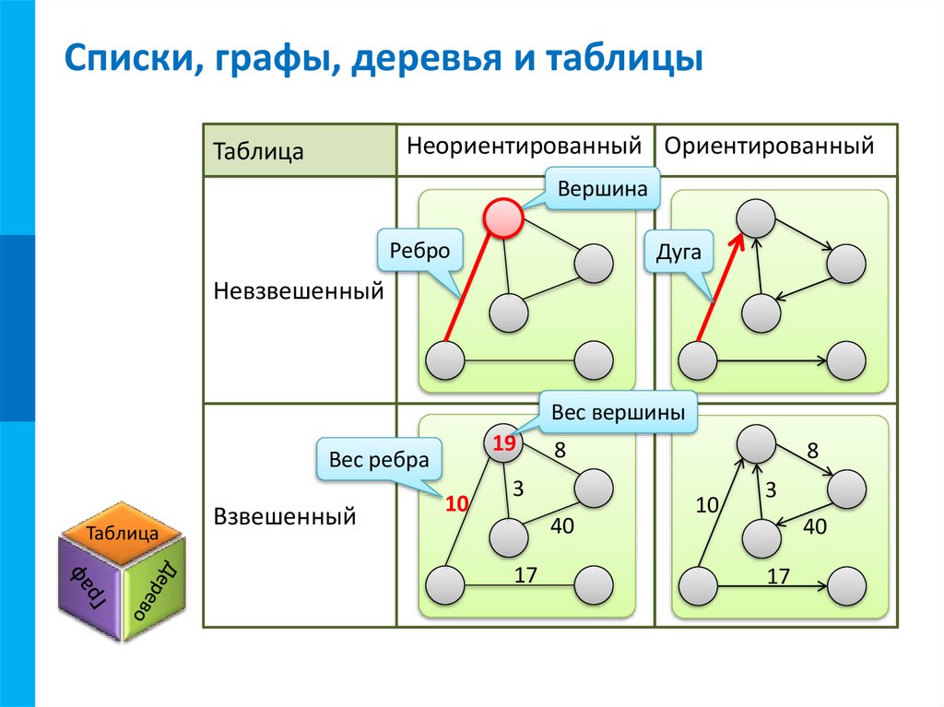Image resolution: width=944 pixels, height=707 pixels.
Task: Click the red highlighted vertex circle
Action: pos(503,218)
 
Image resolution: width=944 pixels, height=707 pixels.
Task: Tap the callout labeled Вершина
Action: pos(601,189)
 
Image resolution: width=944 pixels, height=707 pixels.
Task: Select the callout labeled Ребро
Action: pos(419,250)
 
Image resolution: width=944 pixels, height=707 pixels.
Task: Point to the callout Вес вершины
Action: pos(618,414)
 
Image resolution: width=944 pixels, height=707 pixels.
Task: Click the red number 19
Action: pos(503,445)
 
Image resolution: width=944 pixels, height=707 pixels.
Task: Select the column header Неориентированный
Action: pos(524,147)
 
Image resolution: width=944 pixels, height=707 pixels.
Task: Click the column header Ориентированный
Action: pos(769,147)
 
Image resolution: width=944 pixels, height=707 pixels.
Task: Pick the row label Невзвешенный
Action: pos(298,291)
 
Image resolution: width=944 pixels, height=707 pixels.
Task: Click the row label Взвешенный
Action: pos(285,516)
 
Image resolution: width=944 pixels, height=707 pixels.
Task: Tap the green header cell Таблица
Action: pos(259,151)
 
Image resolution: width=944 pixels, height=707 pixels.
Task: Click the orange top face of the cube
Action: pos(122,532)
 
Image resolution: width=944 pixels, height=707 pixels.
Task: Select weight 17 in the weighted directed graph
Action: pos(778,576)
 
